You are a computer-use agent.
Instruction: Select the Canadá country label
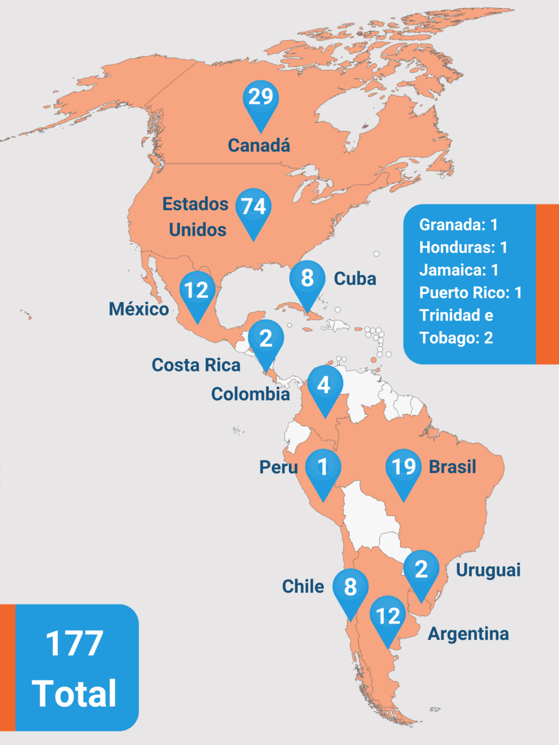coord(259,146)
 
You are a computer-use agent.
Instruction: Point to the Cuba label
coord(355,279)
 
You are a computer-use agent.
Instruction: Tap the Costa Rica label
coord(196,365)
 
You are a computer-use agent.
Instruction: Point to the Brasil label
coord(452,467)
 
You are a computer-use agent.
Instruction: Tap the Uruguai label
coord(488,570)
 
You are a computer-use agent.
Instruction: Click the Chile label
coord(303,586)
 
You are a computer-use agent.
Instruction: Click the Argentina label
coord(468,634)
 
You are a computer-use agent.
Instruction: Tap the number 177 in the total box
coord(75,644)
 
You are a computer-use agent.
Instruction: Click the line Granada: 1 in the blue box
coord(458,225)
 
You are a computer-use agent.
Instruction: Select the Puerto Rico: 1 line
coord(470,293)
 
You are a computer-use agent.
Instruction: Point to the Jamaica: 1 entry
coord(459,270)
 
